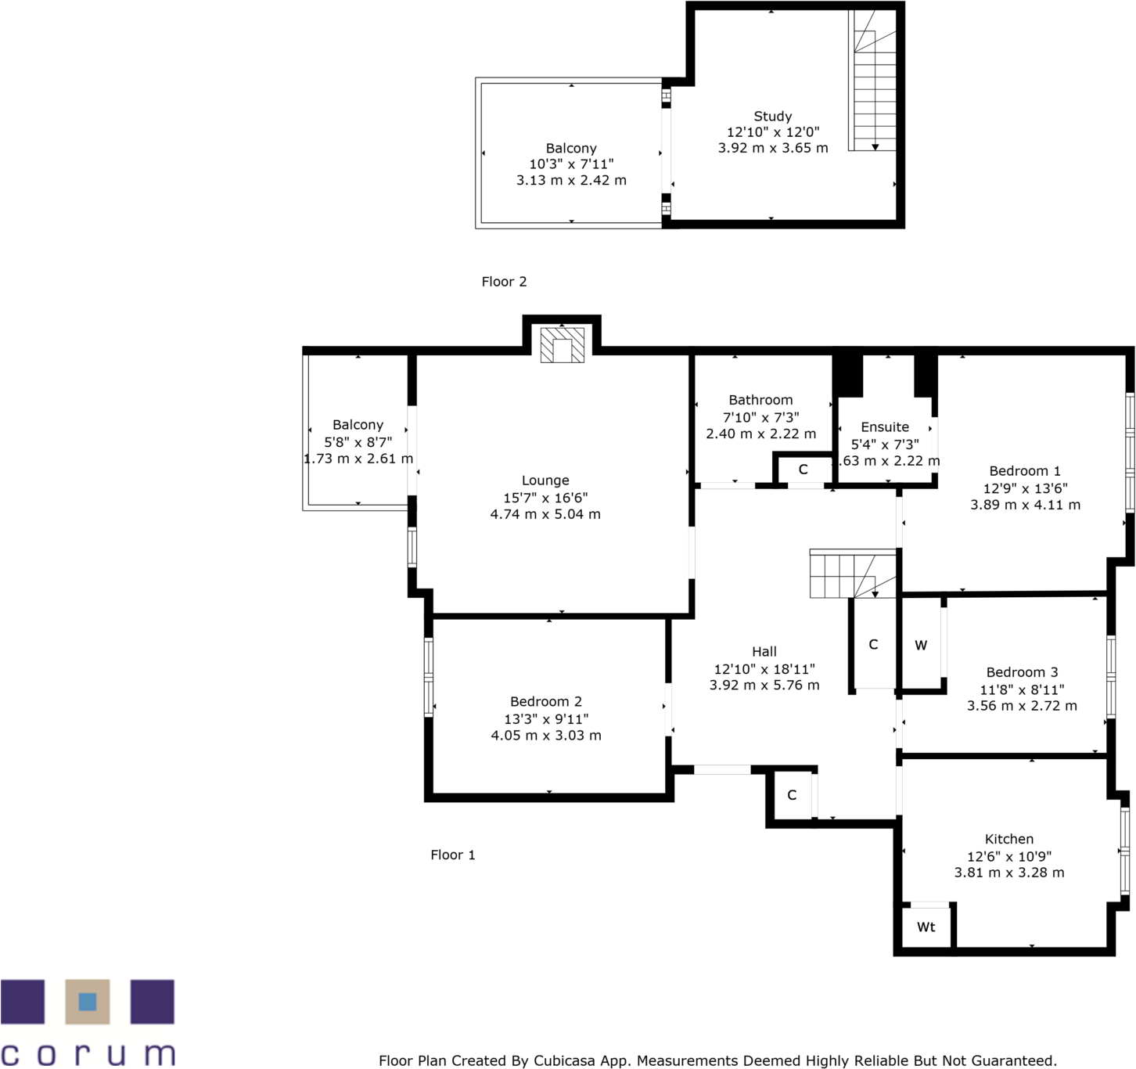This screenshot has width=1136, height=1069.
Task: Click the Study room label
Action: click(x=772, y=117)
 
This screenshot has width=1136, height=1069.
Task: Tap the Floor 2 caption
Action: click(x=504, y=282)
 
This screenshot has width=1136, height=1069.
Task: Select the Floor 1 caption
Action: click(x=452, y=855)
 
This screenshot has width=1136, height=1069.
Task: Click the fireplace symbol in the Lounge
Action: click(x=562, y=346)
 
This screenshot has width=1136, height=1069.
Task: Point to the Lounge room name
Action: click(x=545, y=481)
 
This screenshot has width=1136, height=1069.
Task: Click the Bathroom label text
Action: click(x=760, y=400)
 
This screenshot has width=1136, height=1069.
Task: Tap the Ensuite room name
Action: click(x=885, y=427)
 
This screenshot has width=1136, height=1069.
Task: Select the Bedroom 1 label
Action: click(x=1025, y=471)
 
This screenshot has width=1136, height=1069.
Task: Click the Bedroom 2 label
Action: click(x=546, y=702)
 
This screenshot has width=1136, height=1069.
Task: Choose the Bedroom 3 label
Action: click(x=1022, y=672)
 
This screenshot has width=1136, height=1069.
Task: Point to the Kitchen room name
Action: click(x=1008, y=839)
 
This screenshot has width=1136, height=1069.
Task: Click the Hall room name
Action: click(x=764, y=651)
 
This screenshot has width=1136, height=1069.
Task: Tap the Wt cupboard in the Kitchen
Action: click(x=926, y=927)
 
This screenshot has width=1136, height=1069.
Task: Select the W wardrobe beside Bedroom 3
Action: click(x=921, y=646)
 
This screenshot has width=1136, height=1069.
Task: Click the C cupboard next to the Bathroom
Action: click(x=803, y=470)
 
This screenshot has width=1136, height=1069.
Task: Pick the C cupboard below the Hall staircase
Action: click(x=873, y=645)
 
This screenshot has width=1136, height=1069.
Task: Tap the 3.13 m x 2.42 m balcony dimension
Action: click(x=571, y=180)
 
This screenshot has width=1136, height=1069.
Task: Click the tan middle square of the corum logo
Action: click(x=87, y=1001)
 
